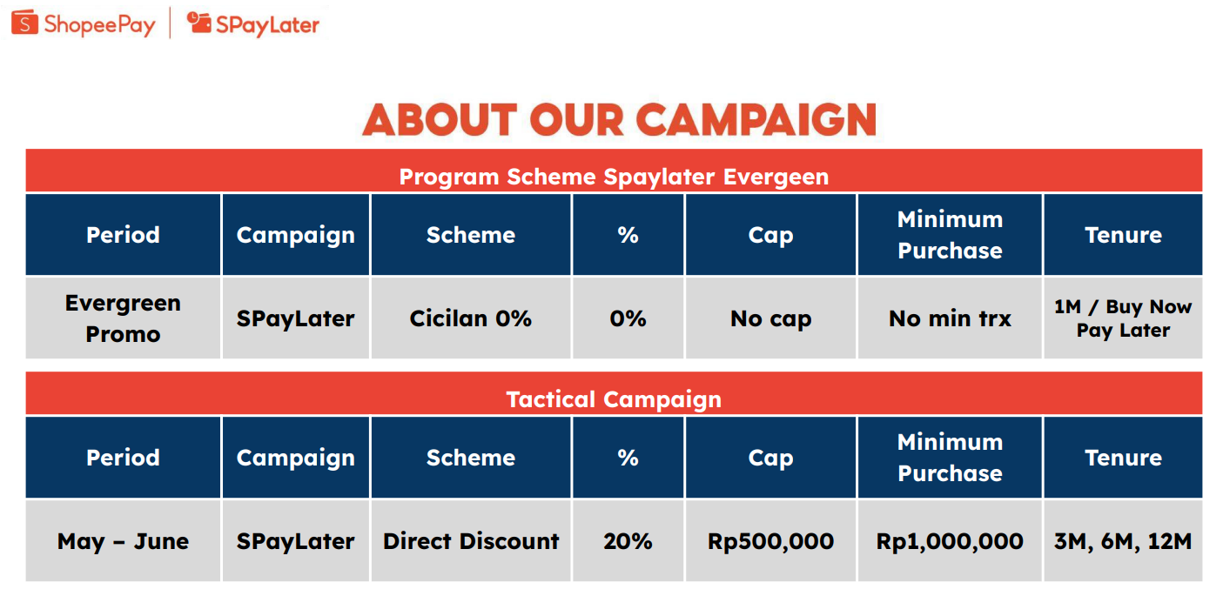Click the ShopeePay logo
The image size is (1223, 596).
84,24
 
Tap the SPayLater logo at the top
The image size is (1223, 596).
252,24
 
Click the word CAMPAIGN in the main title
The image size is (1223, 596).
756,120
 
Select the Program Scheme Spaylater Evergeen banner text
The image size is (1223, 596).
614,177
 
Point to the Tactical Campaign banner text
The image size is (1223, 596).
614,399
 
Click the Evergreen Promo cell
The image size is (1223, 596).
123,318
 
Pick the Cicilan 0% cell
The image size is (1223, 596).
471,318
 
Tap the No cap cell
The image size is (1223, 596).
770,318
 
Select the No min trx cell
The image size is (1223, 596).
950,318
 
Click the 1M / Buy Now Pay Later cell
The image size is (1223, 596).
1123,318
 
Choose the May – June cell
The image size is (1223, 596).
123,541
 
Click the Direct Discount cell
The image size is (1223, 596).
471,541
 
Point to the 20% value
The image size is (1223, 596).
628,541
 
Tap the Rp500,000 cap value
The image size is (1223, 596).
770,541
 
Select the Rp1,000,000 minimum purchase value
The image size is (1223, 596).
950,541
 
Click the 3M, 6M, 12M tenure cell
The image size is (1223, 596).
1123,541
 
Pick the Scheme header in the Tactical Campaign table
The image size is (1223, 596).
471,458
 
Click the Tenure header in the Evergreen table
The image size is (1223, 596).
1123,235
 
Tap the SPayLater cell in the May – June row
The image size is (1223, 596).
295,541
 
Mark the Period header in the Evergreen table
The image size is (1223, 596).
123,235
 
